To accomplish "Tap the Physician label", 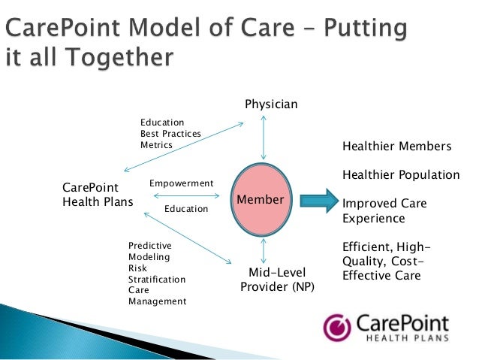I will [x=271, y=104].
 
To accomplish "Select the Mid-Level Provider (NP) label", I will [x=277, y=279].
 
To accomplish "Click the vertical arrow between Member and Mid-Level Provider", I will [x=263, y=250].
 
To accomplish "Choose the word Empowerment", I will [x=182, y=183].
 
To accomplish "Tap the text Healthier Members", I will [x=396, y=147].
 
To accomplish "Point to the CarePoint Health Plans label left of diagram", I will [x=97, y=195].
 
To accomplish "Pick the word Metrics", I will [x=156, y=144].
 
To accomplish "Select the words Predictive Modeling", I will [x=150, y=251].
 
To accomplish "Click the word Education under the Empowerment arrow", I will [x=185, y=209].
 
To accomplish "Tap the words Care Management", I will [x=157, y=295].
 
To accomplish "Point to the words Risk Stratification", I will [x=156, y=274].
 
